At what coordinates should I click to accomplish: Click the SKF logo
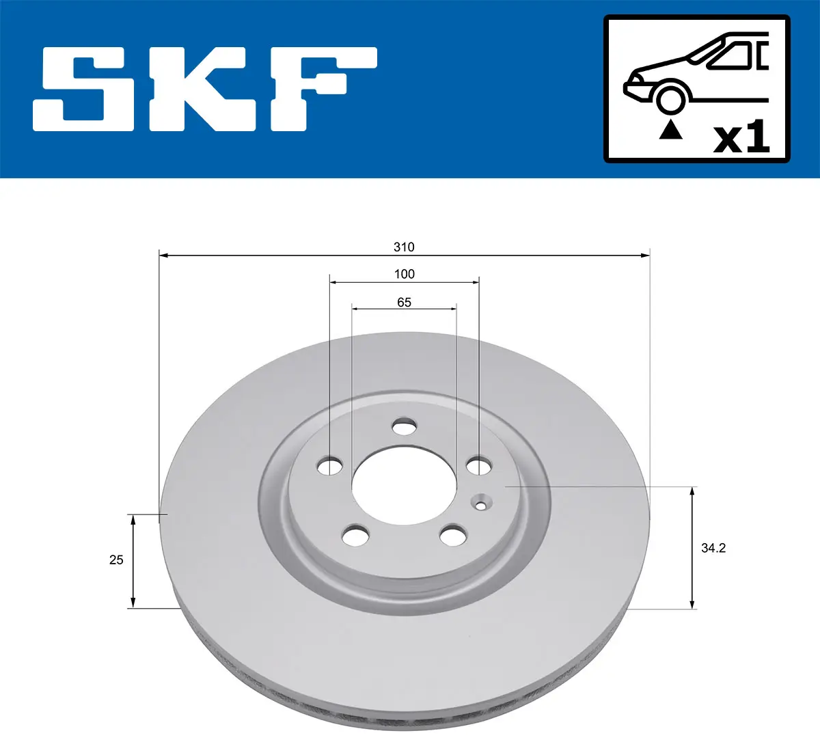[205, 89]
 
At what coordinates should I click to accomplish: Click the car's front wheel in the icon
[670, 98]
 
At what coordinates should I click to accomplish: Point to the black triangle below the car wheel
[670, 130]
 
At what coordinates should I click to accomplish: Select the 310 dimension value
[404, 247]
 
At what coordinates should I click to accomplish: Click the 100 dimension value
[404, 274]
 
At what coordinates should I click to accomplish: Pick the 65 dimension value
[404, 302]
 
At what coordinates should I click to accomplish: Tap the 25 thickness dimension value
[116, 560]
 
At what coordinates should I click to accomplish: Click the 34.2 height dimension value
[713, 548]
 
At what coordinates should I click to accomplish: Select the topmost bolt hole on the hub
[404, 428]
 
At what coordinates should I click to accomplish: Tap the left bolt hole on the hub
[331, 467]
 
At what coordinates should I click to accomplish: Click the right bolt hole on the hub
[478, 467]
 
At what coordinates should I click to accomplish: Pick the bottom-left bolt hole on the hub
[355, 536]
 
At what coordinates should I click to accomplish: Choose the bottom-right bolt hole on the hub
[452, 536]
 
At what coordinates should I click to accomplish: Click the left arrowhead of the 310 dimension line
[163, 256]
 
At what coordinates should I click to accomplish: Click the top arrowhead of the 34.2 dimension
[693, 491]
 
